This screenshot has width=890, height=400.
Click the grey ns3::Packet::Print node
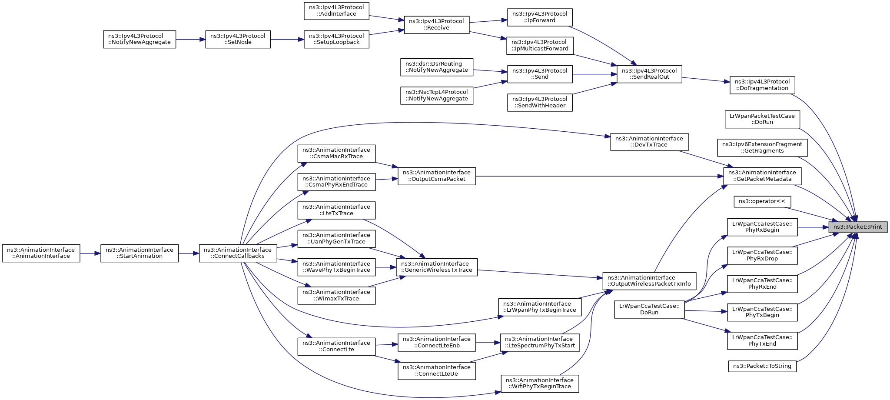pos(858,227)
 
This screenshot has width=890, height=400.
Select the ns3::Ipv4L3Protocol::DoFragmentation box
pos(762,85)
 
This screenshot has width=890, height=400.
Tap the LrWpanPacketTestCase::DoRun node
pos(762,119)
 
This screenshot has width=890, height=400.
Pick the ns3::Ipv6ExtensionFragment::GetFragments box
pos(762,148)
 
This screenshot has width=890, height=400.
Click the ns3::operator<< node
pos(762,202)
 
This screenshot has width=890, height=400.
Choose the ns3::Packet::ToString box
pos(762,366)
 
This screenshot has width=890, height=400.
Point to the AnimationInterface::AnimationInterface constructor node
pos(41,253)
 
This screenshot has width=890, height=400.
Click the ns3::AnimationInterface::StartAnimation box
pos(139,253)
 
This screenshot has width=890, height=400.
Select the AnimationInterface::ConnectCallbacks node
pos(238,253)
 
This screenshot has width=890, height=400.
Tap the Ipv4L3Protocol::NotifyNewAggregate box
pos(139,39)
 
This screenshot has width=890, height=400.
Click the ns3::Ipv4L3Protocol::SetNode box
pos(238,39)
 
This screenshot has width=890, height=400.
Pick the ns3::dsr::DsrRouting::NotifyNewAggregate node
pos(437,67)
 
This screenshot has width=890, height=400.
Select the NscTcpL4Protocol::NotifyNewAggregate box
pos(437,95)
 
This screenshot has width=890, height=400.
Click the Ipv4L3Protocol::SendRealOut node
pos(650,74)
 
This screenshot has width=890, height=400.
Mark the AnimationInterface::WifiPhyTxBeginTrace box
pos(540,383)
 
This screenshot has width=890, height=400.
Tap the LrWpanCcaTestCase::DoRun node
pos(649,309)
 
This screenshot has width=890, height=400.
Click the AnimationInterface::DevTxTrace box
pos(649,142)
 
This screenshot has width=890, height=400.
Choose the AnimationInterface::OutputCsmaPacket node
pos(437,176)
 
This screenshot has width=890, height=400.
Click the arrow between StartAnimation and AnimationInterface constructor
pos(90,253)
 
